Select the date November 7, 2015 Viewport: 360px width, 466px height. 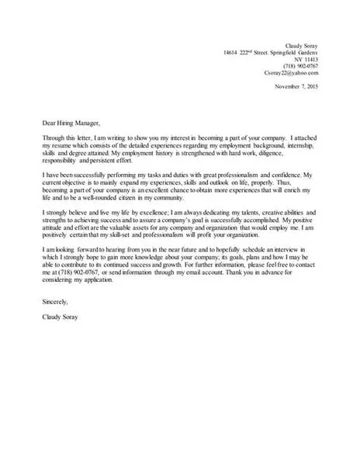tap(297, 87)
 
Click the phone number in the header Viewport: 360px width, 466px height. tap(303, 67)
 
